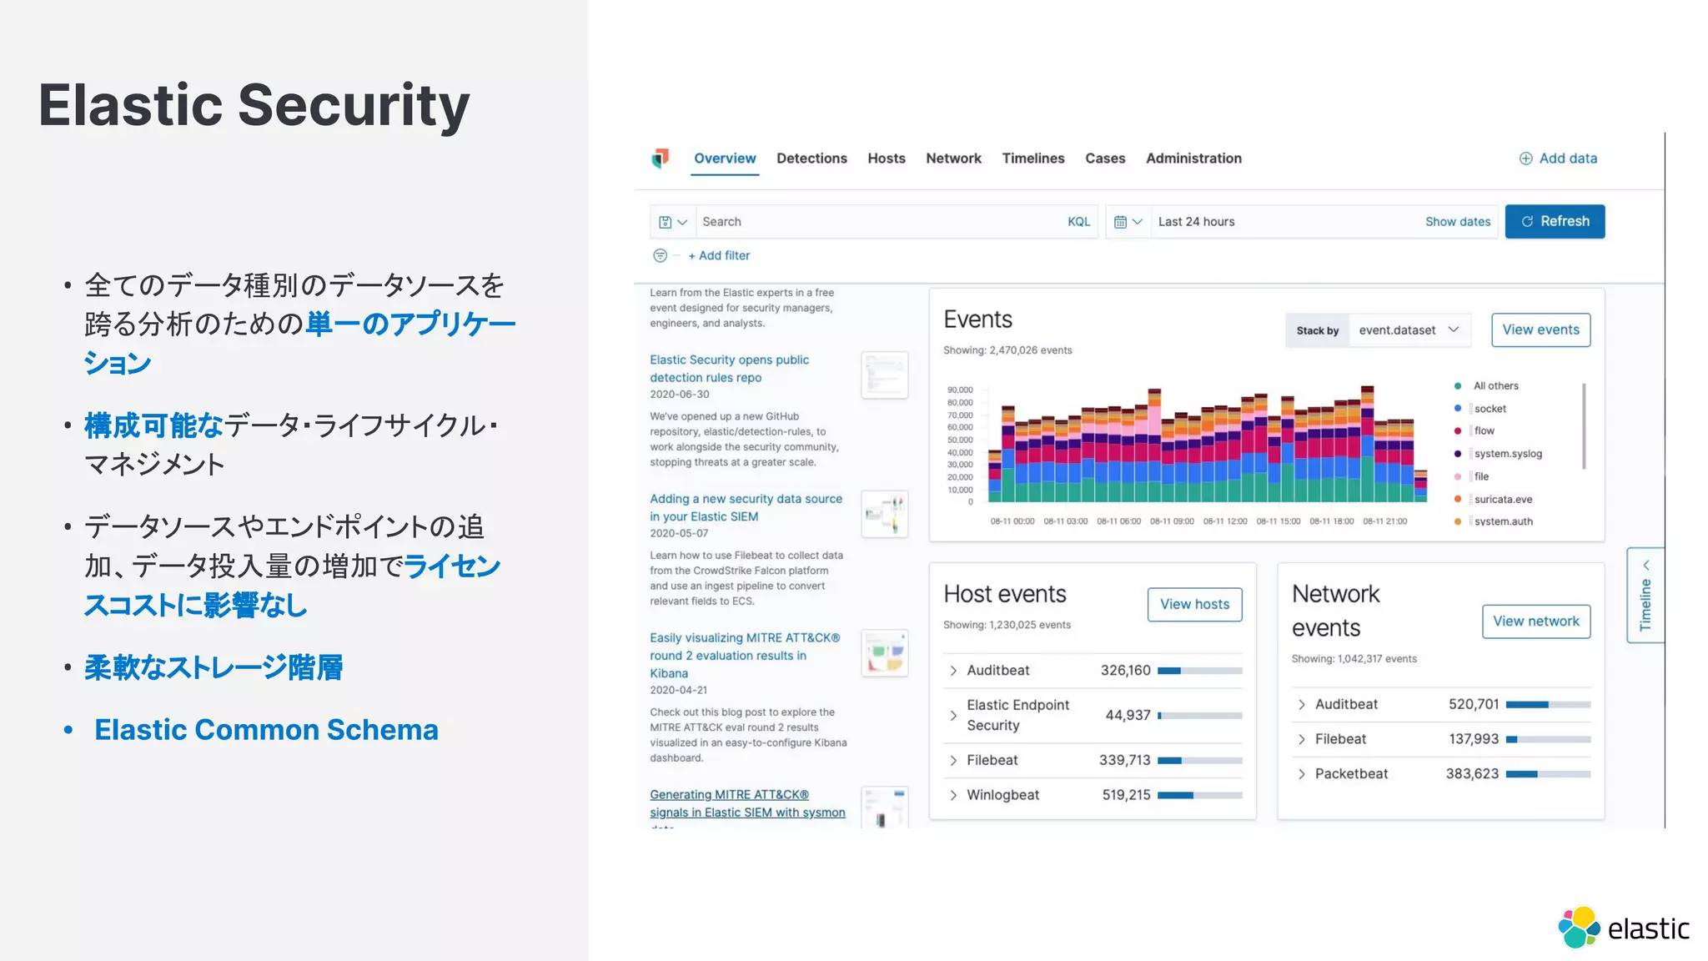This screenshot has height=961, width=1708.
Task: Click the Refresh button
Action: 1555,222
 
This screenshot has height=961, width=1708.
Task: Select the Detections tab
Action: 811,158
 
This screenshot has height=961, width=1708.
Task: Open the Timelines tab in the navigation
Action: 1032,158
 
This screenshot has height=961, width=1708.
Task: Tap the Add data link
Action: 1558,158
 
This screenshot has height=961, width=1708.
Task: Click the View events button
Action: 1540,330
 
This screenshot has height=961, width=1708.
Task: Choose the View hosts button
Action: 1194,604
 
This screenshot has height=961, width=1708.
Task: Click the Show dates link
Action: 1457,222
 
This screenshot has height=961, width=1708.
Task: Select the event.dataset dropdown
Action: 1408,330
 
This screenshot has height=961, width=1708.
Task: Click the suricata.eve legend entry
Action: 1503,500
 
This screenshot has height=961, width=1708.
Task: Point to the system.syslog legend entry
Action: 1508,454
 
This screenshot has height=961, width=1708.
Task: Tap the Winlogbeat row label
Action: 1002,795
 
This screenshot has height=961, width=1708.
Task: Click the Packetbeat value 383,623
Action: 1472,774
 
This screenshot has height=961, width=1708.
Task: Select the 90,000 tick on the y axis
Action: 960,390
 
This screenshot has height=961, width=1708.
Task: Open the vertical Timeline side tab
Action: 1645,595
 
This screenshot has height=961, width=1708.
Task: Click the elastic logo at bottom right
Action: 1623,928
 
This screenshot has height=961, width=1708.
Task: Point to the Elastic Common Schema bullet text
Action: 266,730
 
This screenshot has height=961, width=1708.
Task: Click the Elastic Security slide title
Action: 254,106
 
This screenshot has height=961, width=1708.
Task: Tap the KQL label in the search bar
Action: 1078,222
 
